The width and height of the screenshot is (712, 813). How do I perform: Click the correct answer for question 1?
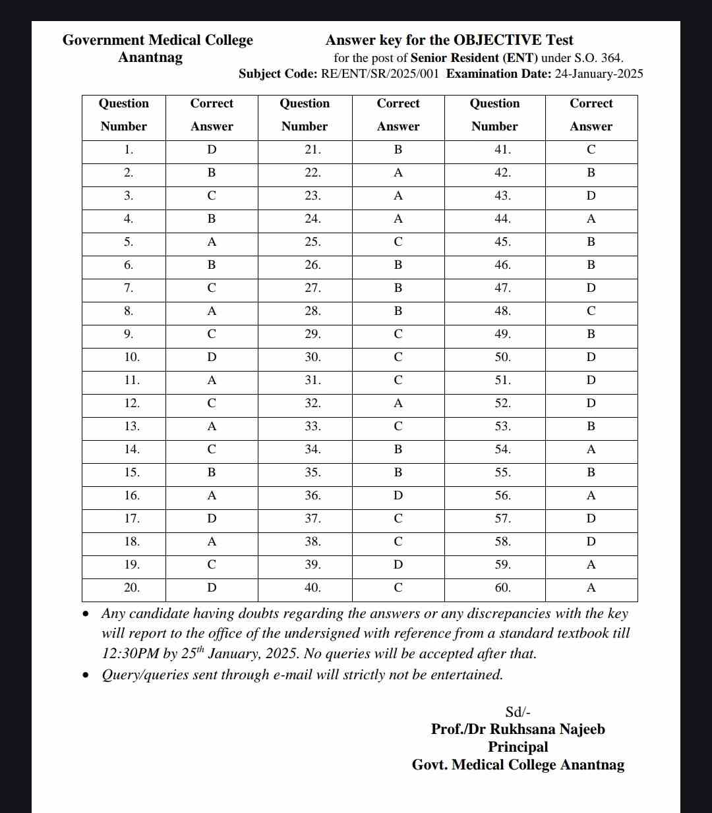point(212,150)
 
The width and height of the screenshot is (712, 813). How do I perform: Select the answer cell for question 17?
point(212,519)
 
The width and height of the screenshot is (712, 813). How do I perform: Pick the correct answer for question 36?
point(398,496)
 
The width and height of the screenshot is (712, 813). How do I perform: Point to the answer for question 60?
point(591,588)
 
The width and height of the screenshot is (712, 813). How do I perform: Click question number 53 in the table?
point(502,427)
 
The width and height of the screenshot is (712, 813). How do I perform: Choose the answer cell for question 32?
point(398,404)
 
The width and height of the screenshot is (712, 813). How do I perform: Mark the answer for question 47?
point(591,289)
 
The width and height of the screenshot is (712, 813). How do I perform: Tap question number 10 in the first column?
point(132,358)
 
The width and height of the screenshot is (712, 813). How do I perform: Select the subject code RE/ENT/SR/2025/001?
point(379,74)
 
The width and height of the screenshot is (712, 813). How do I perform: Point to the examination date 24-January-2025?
point(599,74)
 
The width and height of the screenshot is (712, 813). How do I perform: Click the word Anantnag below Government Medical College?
point(150,58)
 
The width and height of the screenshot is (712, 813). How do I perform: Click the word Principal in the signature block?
point(518,747)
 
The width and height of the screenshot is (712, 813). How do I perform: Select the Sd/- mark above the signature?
point(518,712)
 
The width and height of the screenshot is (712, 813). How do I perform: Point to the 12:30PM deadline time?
point(130,654)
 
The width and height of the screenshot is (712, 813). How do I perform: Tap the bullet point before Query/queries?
point(86,675)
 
